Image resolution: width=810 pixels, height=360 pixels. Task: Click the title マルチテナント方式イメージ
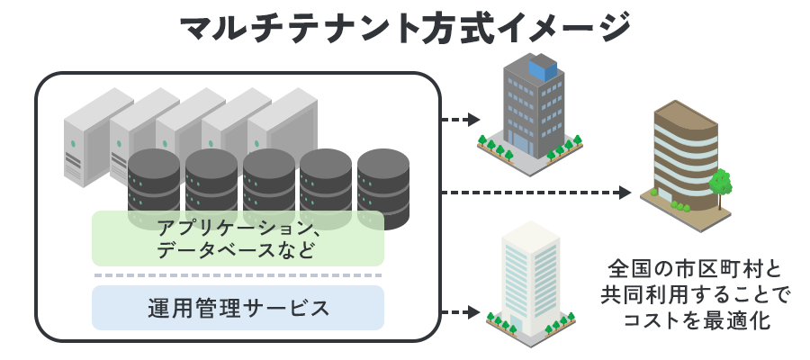(x=405, y=30)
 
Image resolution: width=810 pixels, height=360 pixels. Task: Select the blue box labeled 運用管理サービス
(x=238, y=308)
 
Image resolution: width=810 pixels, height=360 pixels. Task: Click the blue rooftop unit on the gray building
(x=544, y=66)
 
